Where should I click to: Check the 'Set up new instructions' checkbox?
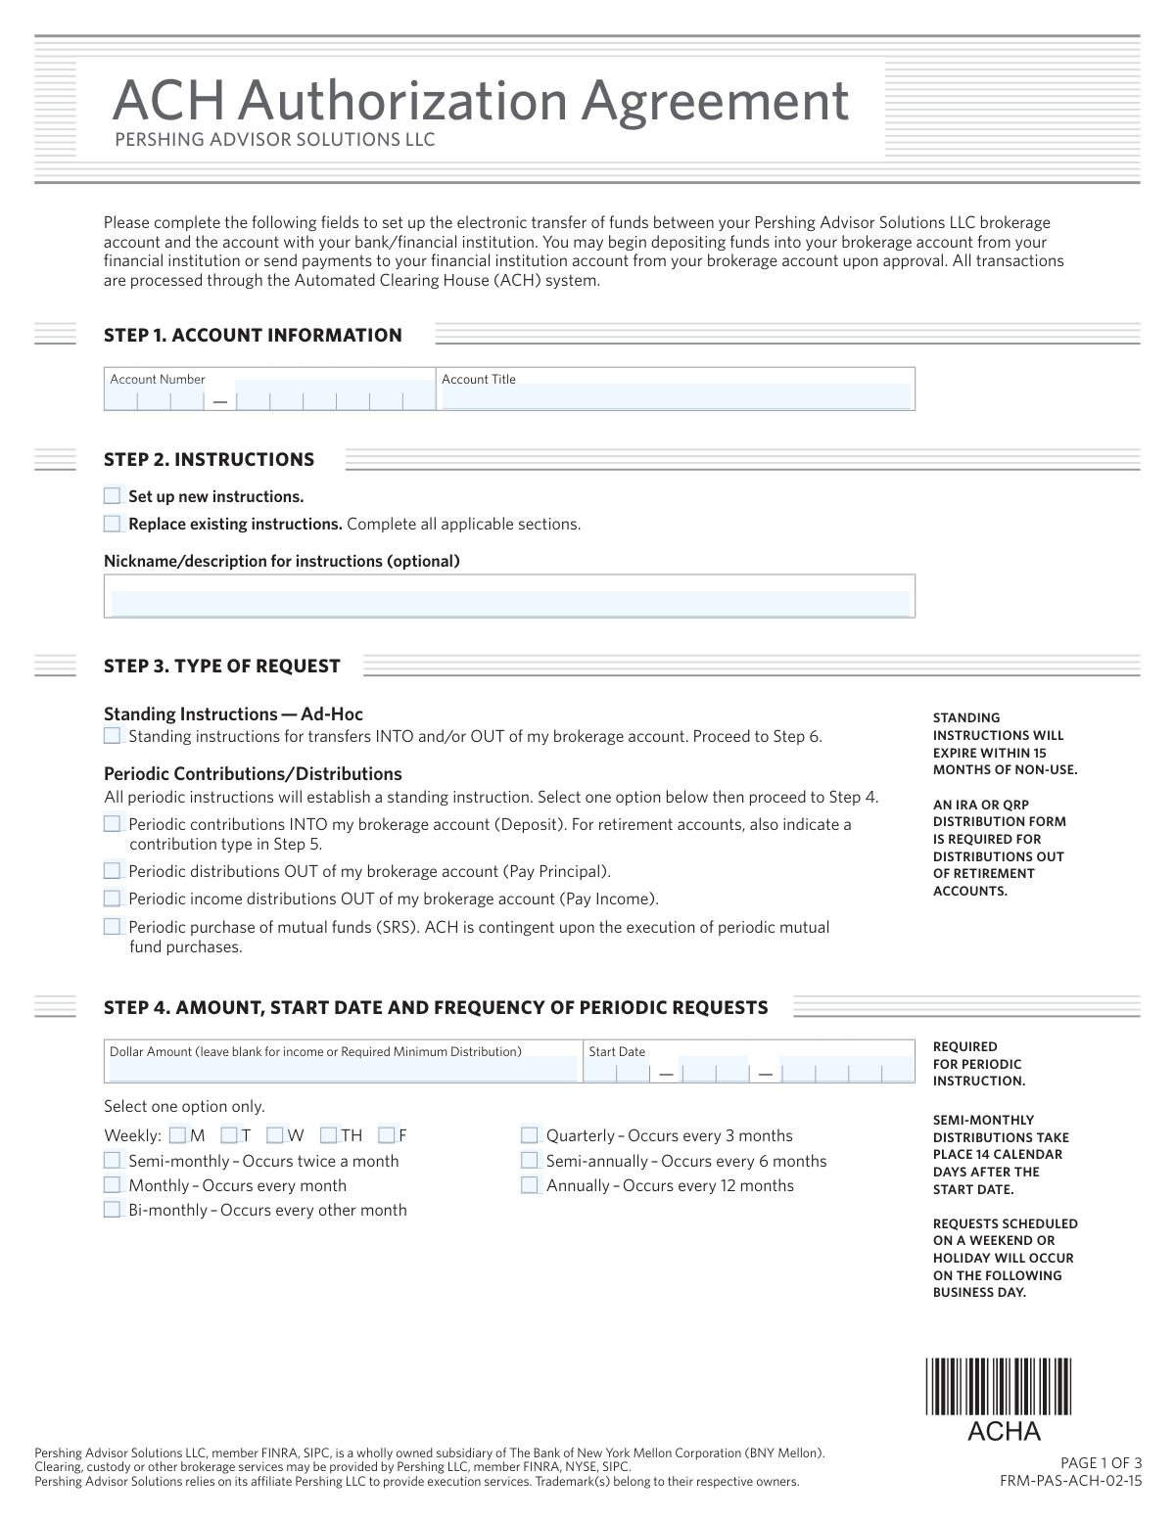pos(113,496)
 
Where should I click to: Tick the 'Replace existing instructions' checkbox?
pos(113,524)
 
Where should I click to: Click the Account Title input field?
pos(676,396)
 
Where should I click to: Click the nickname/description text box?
pos(509,602)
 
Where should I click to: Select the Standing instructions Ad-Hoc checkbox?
pos(113,736)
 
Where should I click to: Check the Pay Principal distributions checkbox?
pos(113,871)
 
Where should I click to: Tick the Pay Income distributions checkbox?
pos(113,898)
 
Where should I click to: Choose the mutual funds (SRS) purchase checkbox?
pos(113,927)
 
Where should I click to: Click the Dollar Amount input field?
pos(343,1069)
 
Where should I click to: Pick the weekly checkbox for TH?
pos(329,1135)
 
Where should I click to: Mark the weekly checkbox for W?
pos(275,1135)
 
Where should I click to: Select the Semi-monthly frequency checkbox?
pos(113,1161)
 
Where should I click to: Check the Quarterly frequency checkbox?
pos(530,1135)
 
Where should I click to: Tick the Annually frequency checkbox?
pos(530,1185)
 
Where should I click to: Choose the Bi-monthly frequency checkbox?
pos(113,1210)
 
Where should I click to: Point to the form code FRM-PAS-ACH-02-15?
pos(1070,1481)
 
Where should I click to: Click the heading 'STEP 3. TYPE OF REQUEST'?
pos(222,667)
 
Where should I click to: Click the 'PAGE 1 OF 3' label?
pos(1102,1464)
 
